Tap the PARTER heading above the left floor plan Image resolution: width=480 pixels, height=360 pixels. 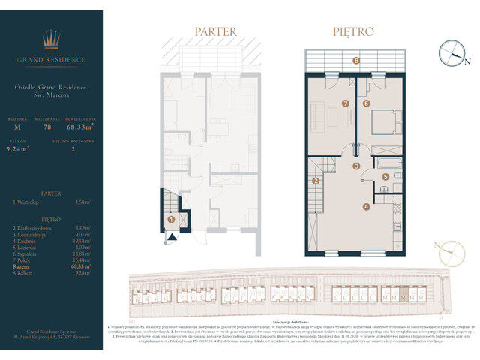coord(215,32)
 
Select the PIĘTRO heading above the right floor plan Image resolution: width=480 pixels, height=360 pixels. coord(352,32)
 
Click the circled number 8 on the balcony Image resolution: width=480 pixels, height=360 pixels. coord(356,60)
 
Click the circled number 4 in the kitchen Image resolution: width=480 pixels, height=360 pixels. coord(366,207)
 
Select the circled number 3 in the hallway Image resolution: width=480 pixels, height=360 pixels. coord(357,166)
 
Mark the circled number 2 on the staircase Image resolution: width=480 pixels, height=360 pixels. coord(316,181)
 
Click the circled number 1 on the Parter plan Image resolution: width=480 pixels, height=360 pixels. coord(172,220)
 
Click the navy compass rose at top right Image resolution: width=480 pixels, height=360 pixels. coord(452,52)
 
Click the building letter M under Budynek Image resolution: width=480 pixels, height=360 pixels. coord(16,128)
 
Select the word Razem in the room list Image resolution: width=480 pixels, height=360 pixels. coord(20,265)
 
